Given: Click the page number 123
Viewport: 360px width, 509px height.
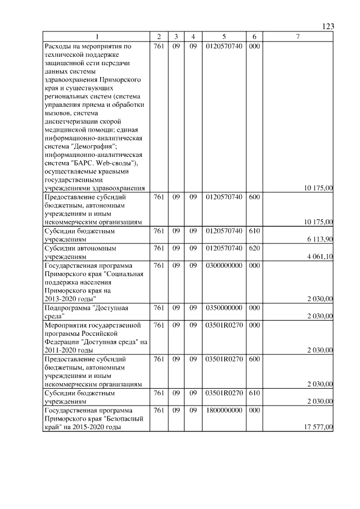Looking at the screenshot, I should (x=328, y=26).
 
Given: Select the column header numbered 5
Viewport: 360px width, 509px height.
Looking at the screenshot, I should (x=224, y=37).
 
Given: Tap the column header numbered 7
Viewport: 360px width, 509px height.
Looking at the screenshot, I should (x=298, y=37).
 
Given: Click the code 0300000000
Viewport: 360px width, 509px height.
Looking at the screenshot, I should (x=224, y=265).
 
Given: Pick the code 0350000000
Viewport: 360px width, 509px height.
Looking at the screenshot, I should (x=224, y=308).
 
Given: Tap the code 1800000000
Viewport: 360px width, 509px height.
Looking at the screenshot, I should (x=224, y=411).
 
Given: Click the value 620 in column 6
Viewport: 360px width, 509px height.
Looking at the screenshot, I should (x=254, y=247).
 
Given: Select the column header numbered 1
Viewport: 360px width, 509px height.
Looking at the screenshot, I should (x=96, y=37).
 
